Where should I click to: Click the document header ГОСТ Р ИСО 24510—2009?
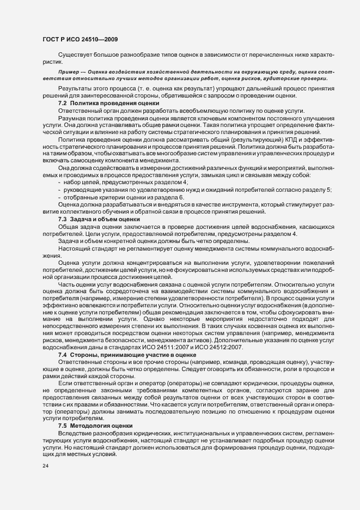tap(80, 39)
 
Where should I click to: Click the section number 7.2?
tap(62, 103)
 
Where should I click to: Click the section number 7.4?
tap(62, 355)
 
